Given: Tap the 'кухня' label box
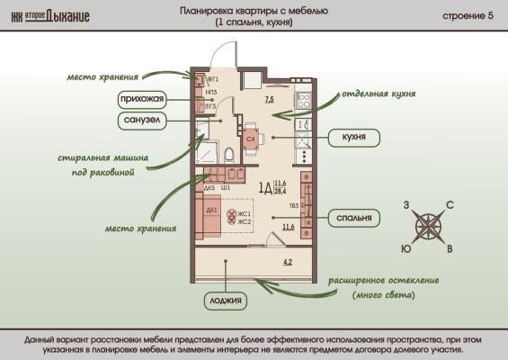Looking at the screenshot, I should [353, 138].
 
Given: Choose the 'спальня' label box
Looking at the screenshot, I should [353, 218].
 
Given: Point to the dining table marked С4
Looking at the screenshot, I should [251, 139].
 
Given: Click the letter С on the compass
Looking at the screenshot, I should [450, 205].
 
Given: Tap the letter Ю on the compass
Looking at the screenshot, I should [406, 247].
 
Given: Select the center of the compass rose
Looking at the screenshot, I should [428, 226].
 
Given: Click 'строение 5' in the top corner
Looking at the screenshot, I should [468, 17].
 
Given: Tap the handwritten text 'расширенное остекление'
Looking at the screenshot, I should [383, 280].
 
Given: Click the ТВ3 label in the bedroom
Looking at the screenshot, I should [294, 205].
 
